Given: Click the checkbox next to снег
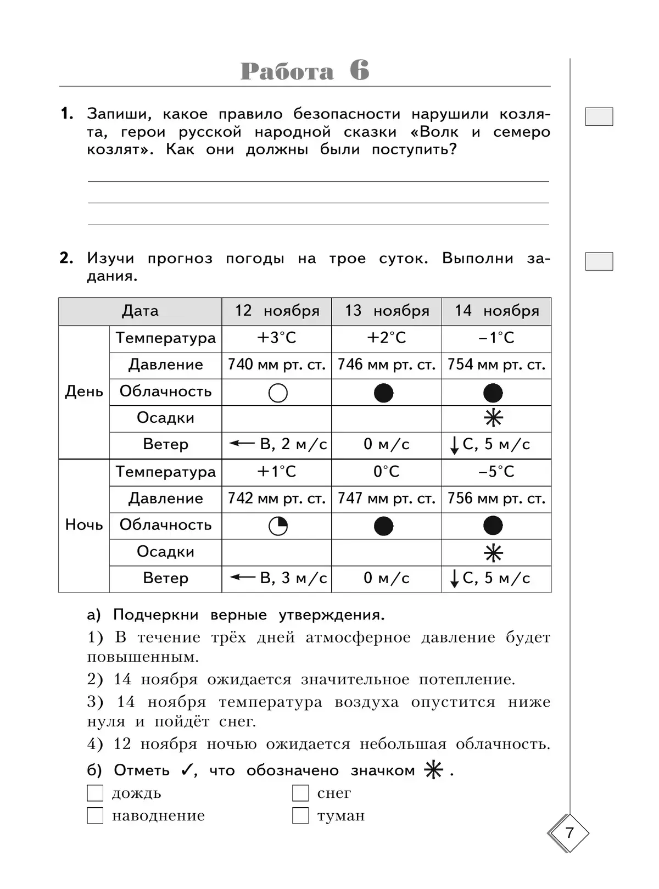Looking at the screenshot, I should coord(300,793).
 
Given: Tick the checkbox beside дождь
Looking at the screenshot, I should coord(95,793).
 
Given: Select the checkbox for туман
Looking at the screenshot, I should coord(300,815).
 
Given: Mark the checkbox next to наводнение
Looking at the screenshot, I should coord(95,815).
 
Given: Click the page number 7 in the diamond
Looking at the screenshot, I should coord(569,833).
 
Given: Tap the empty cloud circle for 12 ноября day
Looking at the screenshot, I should coord(278,393).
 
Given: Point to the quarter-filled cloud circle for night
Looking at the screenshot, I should coord(278,526).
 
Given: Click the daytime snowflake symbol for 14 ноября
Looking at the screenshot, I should coord(493,419).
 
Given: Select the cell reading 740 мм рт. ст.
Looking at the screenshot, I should coord(277,365).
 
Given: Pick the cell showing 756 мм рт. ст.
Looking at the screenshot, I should coord(496,499).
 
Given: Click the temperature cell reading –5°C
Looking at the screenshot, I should coord(496,472).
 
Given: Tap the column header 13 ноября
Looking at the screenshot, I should coord(387,311).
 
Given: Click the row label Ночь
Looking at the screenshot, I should coord(84,525).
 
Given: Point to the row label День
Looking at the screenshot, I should coord(84,392).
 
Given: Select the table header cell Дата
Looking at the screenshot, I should coord(140,311).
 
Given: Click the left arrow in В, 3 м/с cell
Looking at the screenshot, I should coord(242,577).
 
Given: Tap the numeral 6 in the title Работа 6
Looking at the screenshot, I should coord(359,71).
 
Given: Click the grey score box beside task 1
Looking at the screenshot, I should coord(599,116).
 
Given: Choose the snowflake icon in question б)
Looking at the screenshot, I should coord(434,770).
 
